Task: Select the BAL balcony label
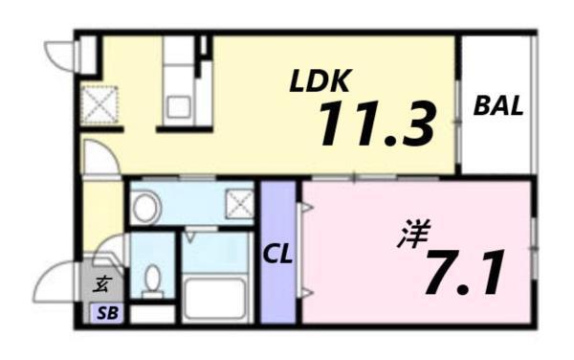pos(498,106)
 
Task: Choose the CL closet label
pos(278,256)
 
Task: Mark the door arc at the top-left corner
pos(60,56)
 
